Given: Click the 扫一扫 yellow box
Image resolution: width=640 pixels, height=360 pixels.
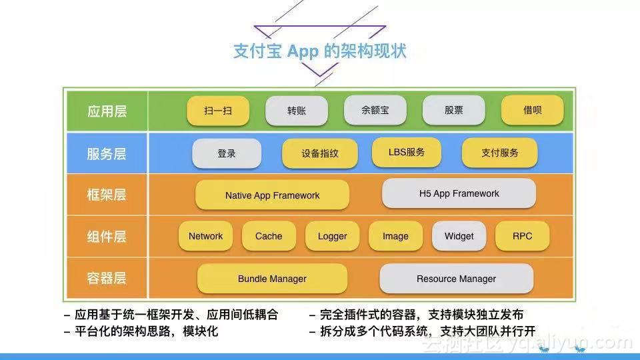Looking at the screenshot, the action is [218, 111].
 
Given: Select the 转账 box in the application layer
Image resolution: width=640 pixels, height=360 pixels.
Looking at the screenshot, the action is [296, 111].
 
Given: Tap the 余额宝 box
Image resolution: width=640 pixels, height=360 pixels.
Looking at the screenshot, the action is [375, 110].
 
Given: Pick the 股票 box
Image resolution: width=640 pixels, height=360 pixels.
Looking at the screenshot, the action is [453, 110].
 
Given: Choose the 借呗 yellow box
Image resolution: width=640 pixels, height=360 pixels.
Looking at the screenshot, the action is [532, 110].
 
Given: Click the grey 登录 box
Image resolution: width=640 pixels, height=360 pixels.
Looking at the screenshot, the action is [227, 153].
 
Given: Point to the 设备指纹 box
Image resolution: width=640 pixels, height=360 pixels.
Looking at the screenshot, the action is [320, 153].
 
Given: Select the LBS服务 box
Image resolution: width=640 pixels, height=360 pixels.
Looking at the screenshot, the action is [407, 152].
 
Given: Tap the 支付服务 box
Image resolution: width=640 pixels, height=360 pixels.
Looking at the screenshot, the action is [499, 153].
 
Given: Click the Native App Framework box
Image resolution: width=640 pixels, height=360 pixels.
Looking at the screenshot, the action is [272, 195].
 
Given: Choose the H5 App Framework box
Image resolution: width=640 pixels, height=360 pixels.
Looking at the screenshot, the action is [459, 193].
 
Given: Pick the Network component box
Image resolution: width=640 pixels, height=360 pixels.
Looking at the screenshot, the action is [206, 236].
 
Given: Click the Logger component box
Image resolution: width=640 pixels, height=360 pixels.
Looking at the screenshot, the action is [332, 236].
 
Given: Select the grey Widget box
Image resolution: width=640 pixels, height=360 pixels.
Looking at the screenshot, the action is [459, 236].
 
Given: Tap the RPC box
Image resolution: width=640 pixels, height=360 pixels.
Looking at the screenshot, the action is [523, 236].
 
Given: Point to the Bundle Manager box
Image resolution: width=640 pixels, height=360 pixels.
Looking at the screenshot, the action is [272, 279].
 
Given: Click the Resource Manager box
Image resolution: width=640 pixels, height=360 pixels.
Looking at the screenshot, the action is [456, 279].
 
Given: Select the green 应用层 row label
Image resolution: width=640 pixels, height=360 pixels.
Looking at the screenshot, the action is [107, 111].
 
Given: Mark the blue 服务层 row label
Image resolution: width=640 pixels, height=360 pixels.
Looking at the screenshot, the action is [107, 153].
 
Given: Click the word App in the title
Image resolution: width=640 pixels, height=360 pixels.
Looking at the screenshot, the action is [303, 52].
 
